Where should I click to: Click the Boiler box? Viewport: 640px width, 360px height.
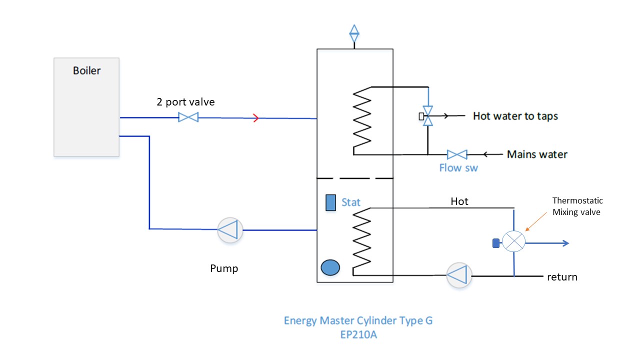86,107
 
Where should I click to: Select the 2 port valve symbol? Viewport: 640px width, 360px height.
188,117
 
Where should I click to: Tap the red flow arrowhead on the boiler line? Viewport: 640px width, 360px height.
255,118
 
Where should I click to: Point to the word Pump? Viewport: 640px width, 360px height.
224,268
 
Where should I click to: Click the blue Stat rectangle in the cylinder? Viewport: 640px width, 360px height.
330,202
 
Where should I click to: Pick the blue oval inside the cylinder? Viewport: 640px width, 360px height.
330,267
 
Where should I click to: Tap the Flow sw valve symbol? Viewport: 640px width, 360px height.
457,154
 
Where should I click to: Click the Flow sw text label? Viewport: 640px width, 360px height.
458,168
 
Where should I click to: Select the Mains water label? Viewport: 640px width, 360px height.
537,154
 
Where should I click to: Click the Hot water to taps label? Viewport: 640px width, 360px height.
515,116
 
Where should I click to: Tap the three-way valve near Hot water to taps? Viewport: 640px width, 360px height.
427,116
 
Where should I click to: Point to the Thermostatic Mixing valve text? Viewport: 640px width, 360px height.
577,206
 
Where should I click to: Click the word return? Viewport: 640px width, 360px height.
562,276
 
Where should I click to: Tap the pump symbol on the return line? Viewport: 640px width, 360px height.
459,275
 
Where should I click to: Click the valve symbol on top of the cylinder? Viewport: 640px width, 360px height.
354,33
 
